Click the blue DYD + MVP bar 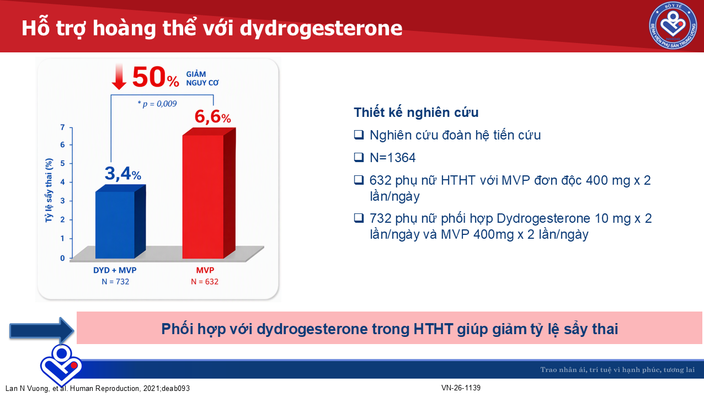(120, 222)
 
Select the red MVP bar (209, 193)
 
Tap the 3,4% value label (123, 174)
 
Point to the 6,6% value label (213, 116)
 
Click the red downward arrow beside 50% (119, 76)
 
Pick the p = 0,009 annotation (157, 104)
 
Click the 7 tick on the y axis (62, 127)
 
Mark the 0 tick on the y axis (62, 258)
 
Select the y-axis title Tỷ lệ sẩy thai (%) (49, 190)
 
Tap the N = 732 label (115, 282)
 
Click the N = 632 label (205, 282)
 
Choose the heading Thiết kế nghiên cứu (416, 112)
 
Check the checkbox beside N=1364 (359, 157)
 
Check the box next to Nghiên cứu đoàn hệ (359, 135)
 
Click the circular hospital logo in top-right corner (673, 25)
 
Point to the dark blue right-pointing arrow (42, 330)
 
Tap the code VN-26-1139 (461, 388)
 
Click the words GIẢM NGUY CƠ (202, 78)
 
